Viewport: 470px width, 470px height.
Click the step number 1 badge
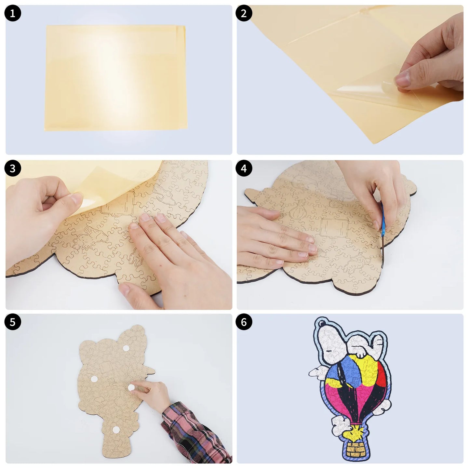[x=13, y=13]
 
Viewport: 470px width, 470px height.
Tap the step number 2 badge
[x=244, y=13]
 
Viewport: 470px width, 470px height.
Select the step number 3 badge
[x=13, y=168]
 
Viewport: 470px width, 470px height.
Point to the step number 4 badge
[x=244, y=168]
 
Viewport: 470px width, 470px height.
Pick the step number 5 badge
[x=13, y=322]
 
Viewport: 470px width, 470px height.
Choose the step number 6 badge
[x=244, y=322]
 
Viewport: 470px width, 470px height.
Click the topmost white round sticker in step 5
[x=126, y=348]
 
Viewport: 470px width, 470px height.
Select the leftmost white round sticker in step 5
[x=94, y=379]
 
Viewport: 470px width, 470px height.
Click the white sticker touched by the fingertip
[x=131, y=388]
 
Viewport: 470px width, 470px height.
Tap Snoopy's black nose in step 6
[x=322, y=324]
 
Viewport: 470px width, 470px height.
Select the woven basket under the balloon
[x=356, y=447]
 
